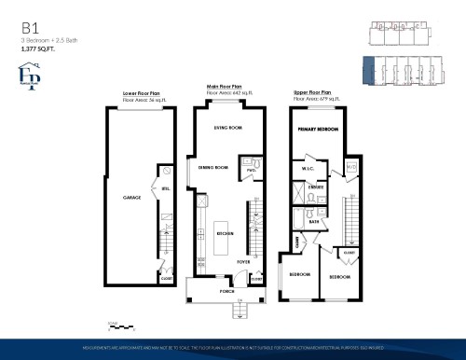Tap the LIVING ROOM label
pyautogui.click(x=227, y=127)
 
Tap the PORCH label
pyautogui.click(x=226, y=290)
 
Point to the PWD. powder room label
pyautogui.click(x=251, y=171)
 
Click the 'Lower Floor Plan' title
pyautogui.click(x=143, y=94)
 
